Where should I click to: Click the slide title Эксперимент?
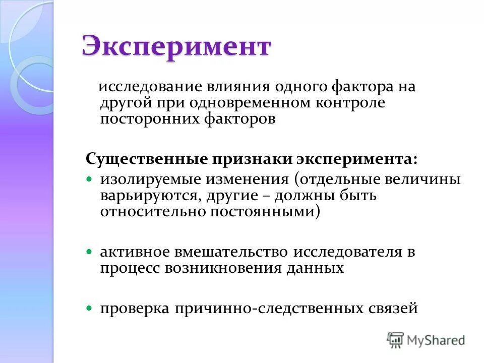pyautogui.click(x=176, y=47)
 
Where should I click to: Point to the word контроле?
pyautogui.click(x=342, y=103)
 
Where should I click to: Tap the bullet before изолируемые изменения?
pyautogui.click(x=90, y=179)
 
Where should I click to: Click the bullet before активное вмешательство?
pyautogui.click(x=90, y=251)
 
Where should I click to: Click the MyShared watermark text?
pyautogui.click(x=435, y=340)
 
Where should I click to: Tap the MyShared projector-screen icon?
pyautogui.click(x=396, y=340)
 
